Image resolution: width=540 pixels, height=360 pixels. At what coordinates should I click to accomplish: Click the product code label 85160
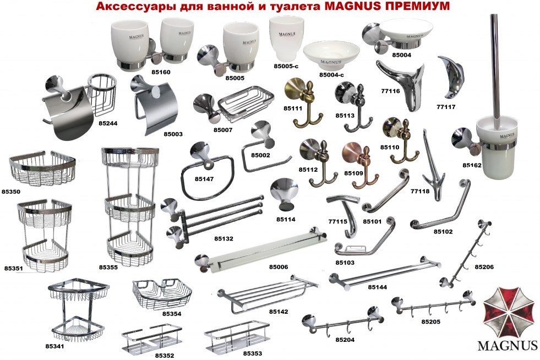click(161, 72)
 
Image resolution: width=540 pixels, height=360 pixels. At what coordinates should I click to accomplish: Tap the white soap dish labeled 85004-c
click(331, 56)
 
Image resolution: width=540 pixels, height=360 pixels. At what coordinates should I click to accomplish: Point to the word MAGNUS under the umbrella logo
click(508, 345)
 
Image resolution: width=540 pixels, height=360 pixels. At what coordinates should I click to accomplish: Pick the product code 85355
click(108, 267)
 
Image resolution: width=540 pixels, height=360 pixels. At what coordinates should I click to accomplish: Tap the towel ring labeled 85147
click(207, 170)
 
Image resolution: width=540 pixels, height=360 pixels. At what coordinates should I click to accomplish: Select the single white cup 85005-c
click(287, 40)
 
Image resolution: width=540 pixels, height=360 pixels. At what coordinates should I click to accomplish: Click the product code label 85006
click(279, 266)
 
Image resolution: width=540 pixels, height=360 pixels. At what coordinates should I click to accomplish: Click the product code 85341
click(54, 346)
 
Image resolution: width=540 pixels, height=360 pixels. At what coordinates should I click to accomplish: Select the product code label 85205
click(431, 321)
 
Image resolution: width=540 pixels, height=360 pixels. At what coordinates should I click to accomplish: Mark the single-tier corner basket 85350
click(42, 168)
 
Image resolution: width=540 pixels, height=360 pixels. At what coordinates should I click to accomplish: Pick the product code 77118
click(420, 191)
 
